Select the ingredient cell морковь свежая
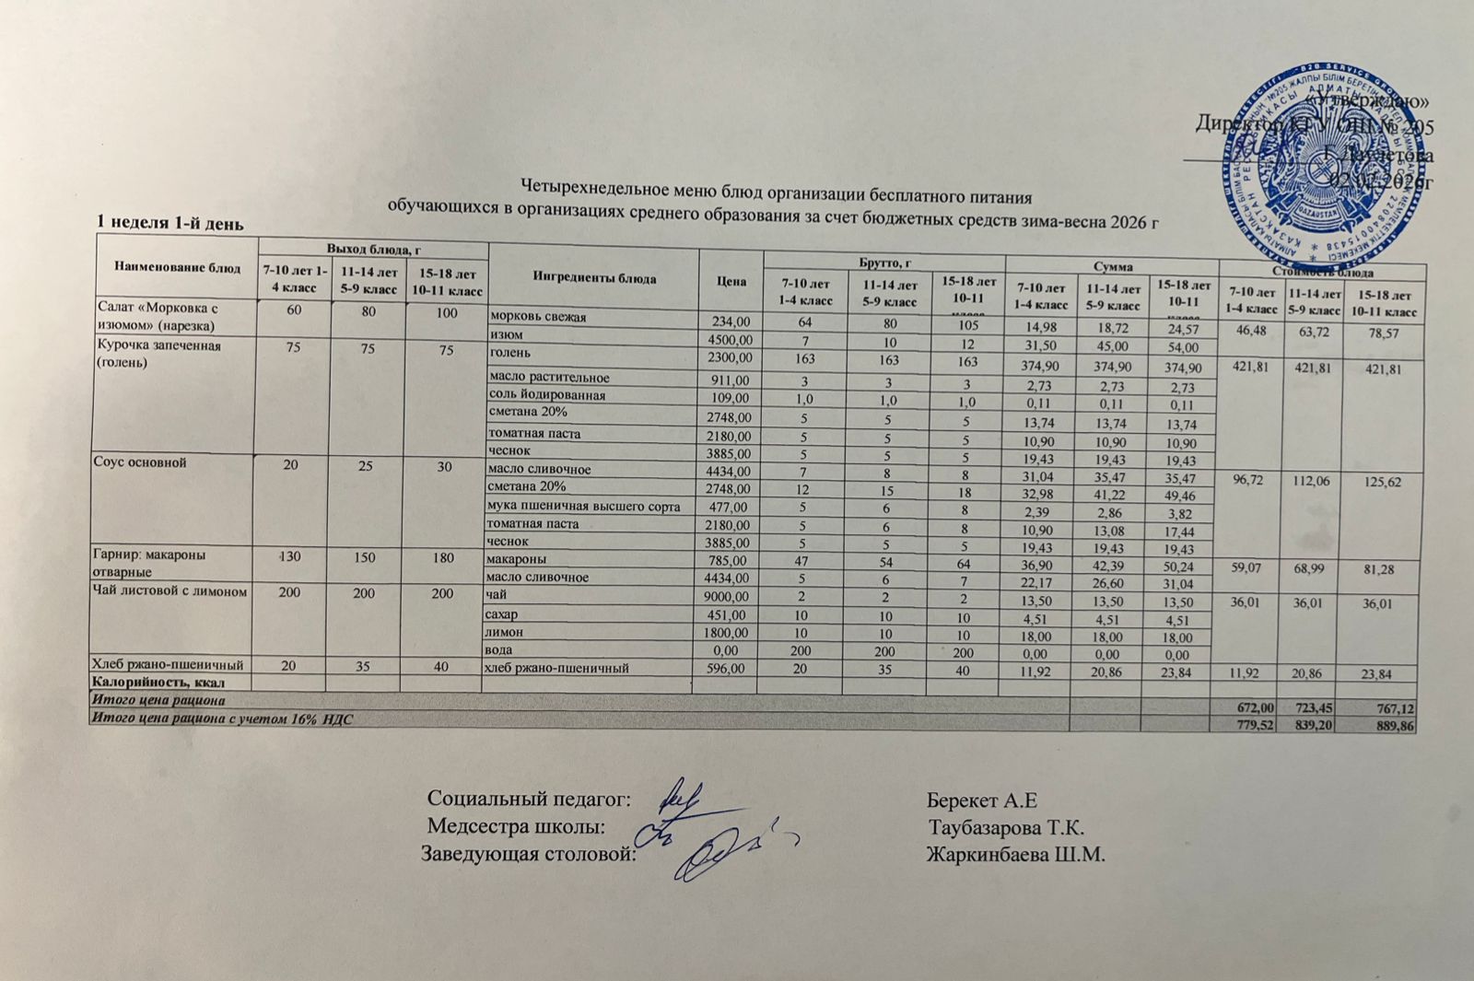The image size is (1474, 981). coord(538,318)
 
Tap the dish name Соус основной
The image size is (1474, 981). coord(139,463)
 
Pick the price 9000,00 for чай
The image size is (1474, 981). coord(728,596)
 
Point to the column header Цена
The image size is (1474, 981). coord(728,279)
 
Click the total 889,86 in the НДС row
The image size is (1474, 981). coord(1391,726)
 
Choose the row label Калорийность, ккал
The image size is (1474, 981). coord(156,683)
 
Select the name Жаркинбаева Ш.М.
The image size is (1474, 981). coord(1015,854)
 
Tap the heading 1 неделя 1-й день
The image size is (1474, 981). coord(170,223)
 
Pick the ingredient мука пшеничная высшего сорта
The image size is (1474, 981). coord(584,506)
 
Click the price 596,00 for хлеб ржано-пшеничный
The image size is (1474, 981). coord(728,668)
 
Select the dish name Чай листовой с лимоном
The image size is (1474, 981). coord(170,592)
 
